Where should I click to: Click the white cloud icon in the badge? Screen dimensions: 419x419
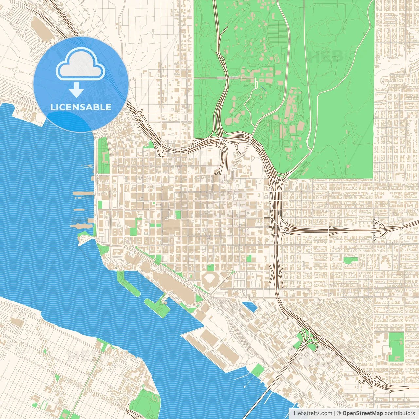pos(81,64)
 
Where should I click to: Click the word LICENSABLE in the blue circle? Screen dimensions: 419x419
pos(81,107)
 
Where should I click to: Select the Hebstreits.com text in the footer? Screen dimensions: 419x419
pos(313,413)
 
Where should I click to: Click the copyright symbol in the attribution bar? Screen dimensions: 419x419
pos(339,413)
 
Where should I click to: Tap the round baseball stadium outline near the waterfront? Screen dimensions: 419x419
pos(210,280)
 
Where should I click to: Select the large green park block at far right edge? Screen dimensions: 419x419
pos(396,347)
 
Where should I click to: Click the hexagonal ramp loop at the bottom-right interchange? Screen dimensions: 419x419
pos(379,380)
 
